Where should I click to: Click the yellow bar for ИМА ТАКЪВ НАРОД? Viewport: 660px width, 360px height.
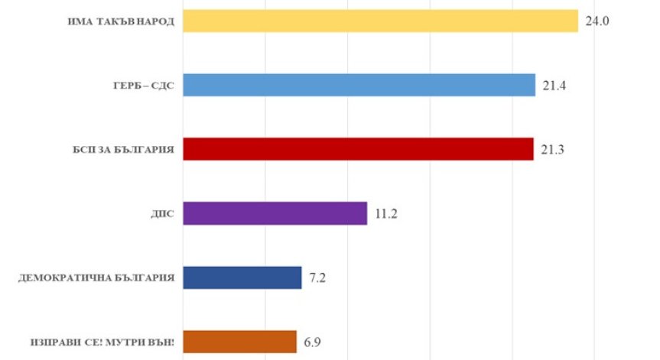381,21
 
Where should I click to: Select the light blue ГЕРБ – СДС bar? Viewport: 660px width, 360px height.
359,85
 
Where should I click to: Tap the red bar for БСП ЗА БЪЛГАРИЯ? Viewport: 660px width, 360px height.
359,149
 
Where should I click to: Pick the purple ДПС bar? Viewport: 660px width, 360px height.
275,213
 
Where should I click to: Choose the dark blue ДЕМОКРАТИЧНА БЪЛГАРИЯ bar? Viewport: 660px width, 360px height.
243,277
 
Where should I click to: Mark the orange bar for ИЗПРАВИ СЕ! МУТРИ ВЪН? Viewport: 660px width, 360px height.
240,342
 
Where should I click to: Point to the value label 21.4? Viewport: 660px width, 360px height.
554,86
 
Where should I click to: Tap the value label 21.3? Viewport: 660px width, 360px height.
552,150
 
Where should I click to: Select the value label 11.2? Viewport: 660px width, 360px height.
385,213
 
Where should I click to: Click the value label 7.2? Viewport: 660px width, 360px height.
318,277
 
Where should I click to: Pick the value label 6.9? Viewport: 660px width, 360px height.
313,342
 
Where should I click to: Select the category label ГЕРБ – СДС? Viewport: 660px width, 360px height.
144,86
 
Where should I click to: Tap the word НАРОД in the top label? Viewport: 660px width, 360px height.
155,21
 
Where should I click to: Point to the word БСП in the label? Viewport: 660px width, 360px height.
75,150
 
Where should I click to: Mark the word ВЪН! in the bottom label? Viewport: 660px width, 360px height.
161,342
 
